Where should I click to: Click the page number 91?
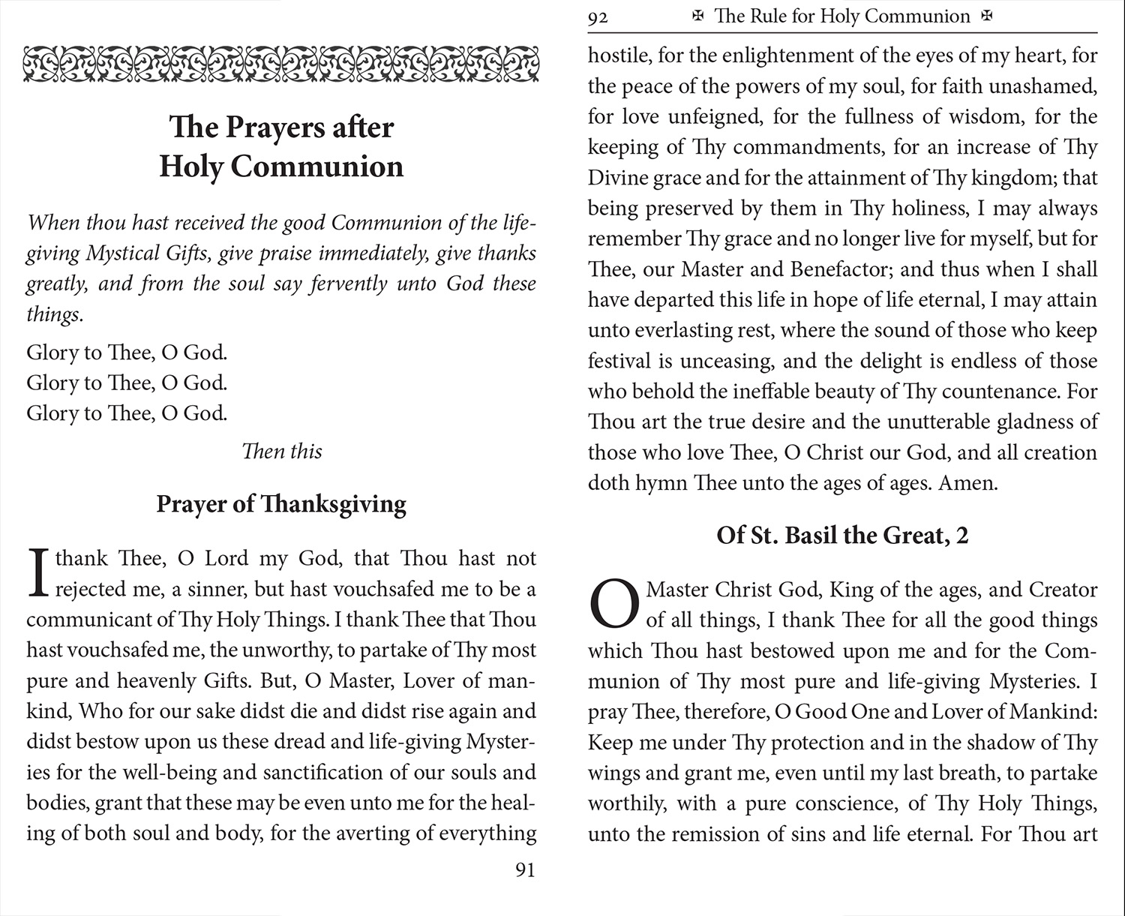point(525,870)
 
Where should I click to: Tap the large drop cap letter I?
point(37,574)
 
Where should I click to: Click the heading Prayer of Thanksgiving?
point(281,503)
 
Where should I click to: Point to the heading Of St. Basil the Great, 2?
point(842,535)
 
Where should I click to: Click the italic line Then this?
point(282,451)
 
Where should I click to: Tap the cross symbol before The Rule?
point(698,17)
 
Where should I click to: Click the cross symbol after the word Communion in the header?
point(987,17)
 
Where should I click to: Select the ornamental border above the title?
point(281,63)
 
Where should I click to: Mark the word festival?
point(619,361)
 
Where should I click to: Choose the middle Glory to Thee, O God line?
point(127,383)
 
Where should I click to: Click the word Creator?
point(1063,590)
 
